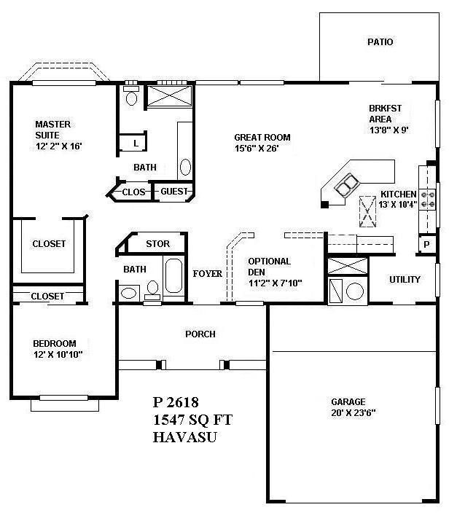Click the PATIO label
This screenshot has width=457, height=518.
(380, 42)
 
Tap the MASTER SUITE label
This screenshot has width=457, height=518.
(53, 130)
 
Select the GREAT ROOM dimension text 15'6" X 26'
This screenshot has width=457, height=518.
(257, 148)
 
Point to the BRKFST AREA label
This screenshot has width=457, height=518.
(385, 114)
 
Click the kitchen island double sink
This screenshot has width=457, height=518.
(347, 185)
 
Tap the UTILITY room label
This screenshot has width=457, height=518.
(405, 279)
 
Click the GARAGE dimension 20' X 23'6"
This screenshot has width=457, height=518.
(354, 412)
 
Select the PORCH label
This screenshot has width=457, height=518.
(200, 334)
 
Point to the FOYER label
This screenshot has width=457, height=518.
(207, 275)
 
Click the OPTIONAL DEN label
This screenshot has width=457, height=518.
(269, 266)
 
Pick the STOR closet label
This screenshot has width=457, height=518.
(157, 243)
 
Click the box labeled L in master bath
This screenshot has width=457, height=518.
(136, 143)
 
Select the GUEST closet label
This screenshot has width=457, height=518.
(174, 192)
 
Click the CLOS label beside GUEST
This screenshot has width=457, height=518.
(134, 192)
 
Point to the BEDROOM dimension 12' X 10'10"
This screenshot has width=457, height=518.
(58, 355)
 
